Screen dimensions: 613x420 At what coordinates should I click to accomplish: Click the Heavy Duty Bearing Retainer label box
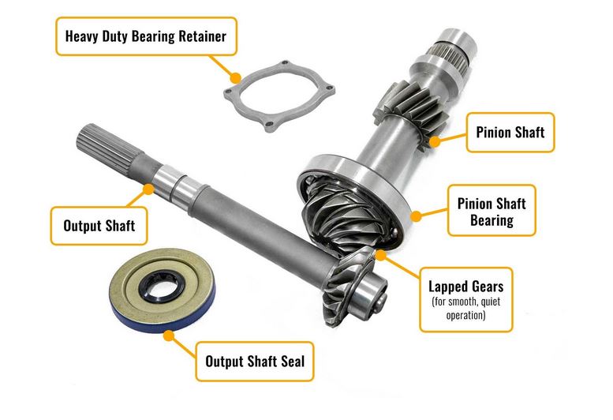pyautogui.click(x=146, y=36)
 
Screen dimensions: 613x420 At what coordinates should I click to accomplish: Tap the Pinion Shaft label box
pyautogui.click(x=510, y=132)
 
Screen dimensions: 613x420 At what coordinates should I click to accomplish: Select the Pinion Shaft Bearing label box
pyautogui.click(x=492, y=210)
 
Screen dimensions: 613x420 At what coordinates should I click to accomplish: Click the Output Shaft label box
pyautogui.click(x=99, y=226)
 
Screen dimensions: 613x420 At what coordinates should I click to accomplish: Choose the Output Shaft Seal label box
pyautogui.click(x=255, y=362)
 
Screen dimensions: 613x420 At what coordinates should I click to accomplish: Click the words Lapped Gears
pyautogui.click(x=465, y=287)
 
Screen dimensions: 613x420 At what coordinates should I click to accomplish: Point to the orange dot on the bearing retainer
pyautogui.click(x=235, y=78)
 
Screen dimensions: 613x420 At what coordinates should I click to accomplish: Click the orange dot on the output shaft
pyautogui.click(x=148, y=189)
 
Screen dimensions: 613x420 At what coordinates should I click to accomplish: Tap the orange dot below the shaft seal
pyautogui.click(x=169, y=336)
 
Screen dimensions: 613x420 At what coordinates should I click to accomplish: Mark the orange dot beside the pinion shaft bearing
pyautogui.click(x=416, y=216)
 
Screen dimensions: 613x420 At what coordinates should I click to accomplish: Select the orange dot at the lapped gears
pyautogui.click(x=380, y=256)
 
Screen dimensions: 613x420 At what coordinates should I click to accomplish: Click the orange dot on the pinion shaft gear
pyautogui.click(x=435, y=141)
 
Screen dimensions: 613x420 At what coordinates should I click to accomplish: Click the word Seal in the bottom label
pyautogui.click(x=293, y=362)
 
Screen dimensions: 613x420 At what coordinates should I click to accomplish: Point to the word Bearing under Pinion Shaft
pyautogui.click(x=492, y=220)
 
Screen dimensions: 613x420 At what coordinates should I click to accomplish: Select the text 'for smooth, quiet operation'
pyautogui.click(x=465, y=308)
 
